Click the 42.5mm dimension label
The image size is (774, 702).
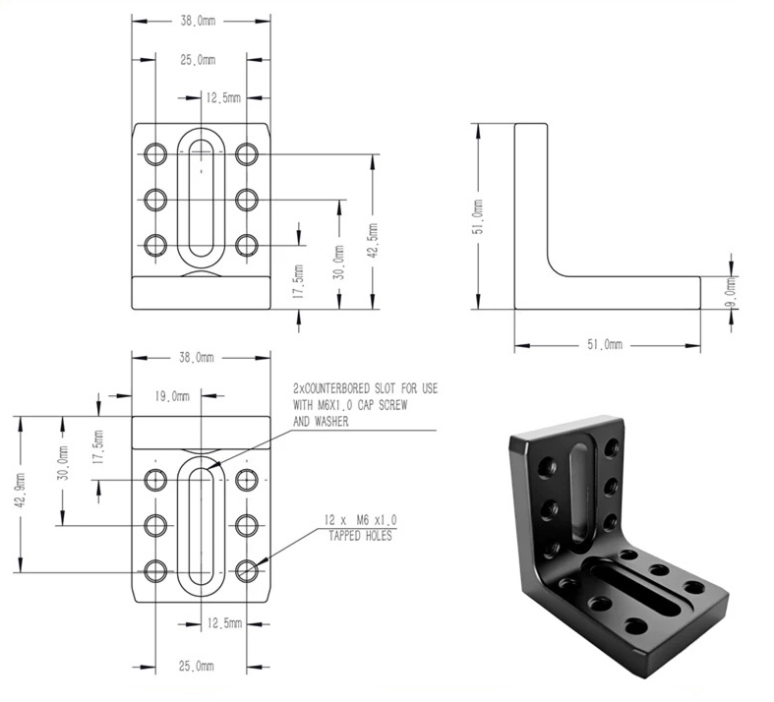tap(373, 240)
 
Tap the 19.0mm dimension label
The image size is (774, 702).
tap(172, 396)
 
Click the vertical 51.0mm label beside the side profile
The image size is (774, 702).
tap(479, 216)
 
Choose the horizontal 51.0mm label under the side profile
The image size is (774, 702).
tap(605, 344)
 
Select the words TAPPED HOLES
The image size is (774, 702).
tap(360, 536)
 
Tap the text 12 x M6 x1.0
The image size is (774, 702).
tap(360, 520)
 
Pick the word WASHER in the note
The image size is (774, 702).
tap(331, 422)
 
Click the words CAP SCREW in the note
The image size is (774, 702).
tap(382, 405)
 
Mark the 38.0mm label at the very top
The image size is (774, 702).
tap(198, 21)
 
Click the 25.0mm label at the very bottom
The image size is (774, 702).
tap(197, 666)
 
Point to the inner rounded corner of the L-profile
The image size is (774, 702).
tap(556, 267)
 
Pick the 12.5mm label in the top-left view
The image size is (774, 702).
tap(223, 97)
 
